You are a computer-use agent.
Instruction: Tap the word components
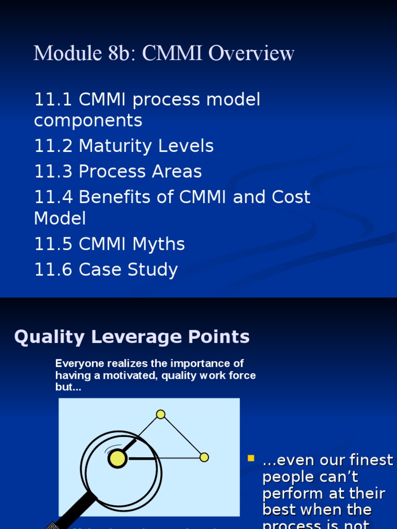pos(88,121)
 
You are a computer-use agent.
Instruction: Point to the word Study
pos(156,270)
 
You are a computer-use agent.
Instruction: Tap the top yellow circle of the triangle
pos(161,414)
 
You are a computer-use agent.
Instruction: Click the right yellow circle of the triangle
pos(204,457)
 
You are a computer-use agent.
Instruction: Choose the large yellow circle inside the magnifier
pos(117,459)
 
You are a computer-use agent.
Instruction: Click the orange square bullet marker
pos(252,458)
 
